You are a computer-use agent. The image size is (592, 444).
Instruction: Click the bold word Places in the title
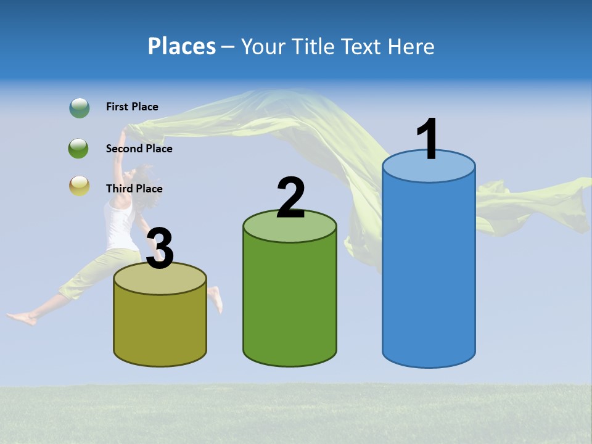(181, 46)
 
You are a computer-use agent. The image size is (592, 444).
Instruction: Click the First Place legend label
(132, 107)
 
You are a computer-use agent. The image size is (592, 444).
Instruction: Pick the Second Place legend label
(139, 149)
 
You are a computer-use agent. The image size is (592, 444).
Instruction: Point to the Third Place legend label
(134, 189)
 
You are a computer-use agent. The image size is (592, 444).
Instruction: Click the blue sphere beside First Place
(79, 108)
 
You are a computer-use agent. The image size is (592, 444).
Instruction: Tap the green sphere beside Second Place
(79, 149)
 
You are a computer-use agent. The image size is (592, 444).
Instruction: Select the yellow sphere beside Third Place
(79, 186)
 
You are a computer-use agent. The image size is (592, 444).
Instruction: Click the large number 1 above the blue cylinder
(428, 139)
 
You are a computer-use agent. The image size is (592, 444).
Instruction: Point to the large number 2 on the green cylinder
(290, 198)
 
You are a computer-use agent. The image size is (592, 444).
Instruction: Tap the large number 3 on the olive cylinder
(160, 249)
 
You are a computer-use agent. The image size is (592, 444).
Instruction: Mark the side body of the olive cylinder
(160, 327)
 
